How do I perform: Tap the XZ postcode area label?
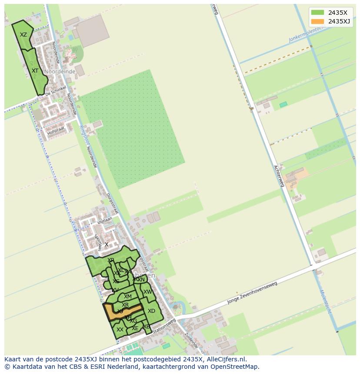click(23, 35)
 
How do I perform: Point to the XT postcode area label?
click(35, 70)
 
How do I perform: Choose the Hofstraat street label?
click(56, 129)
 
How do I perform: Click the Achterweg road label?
click(279, 176)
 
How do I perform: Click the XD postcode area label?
click(151, 311)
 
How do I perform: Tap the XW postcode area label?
click(148, 292)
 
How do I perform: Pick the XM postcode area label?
click(127, 297)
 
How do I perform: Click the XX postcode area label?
click(120, 330)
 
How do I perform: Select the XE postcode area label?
click(135, 328)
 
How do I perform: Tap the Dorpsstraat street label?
click(112, 202)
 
